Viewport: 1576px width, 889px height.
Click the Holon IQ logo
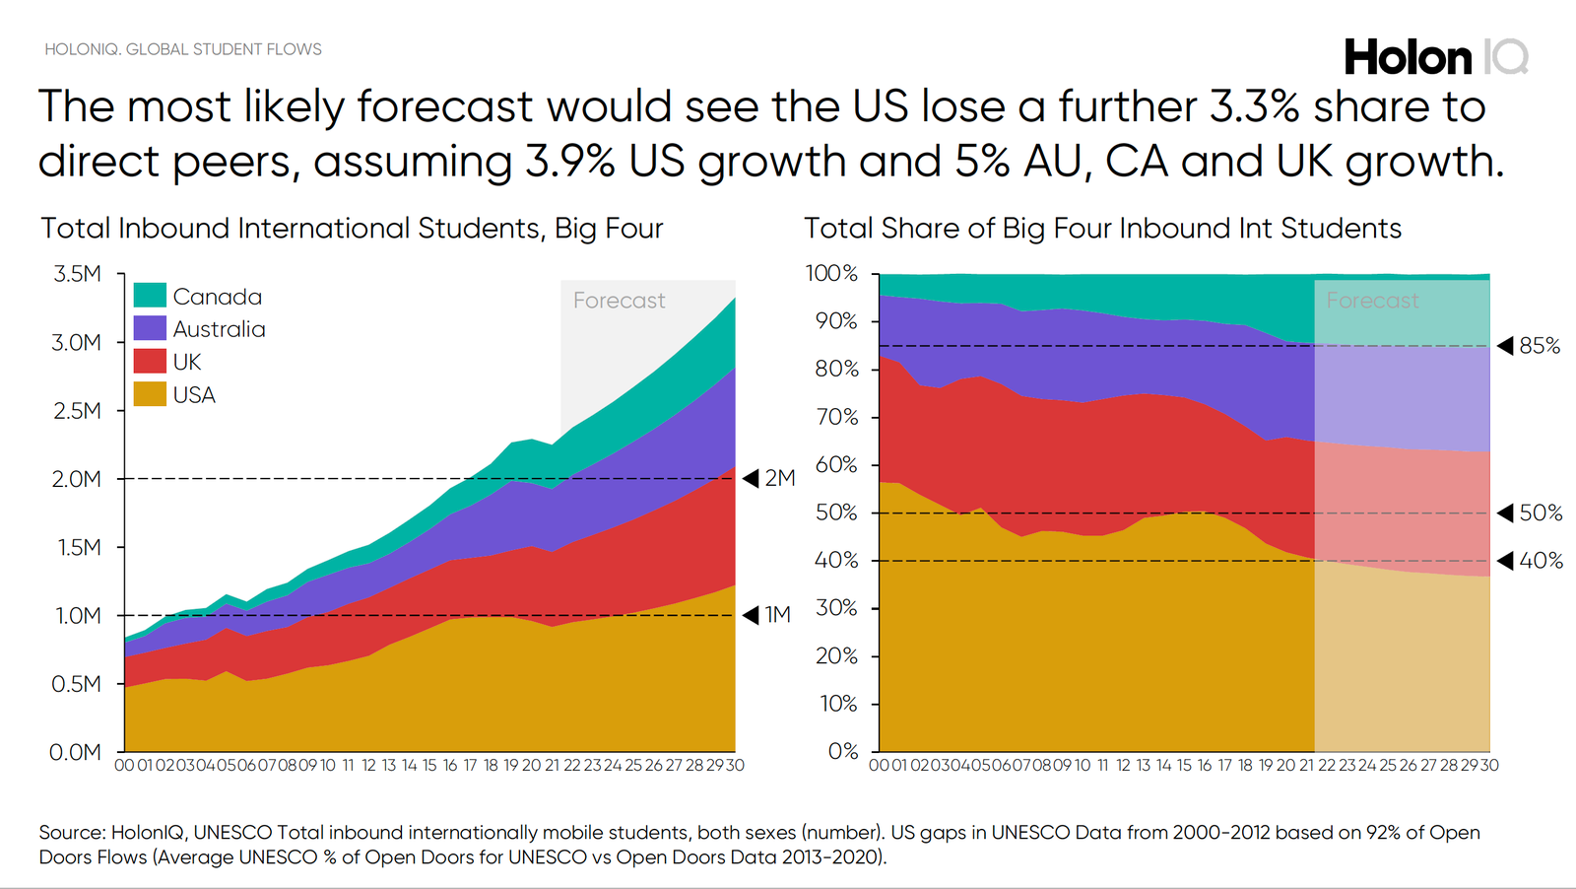(1435, 57)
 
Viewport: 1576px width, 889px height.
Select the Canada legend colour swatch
(150, 296)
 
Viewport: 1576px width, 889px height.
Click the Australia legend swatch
(150, 328)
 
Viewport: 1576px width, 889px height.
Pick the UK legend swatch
(150, 361)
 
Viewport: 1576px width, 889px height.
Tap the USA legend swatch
(150, 394)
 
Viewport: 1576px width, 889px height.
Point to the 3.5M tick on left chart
(77, 274)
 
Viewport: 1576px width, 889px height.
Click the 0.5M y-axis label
(77, 684)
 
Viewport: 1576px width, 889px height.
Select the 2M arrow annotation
(769, 479)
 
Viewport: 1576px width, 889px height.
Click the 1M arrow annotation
(767, 615)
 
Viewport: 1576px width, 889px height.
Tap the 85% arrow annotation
(1530, 346)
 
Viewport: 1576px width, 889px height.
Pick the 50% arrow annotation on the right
(1530, 513)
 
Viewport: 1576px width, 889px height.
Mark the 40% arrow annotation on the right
(1530, 561)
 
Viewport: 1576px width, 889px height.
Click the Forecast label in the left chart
(619, 301)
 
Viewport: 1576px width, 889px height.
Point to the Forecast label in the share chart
(1372, 301)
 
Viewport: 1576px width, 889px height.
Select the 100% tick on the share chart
(832, 274)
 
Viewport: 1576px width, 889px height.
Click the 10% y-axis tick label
(837, 704)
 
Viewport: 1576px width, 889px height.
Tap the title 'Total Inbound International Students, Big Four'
(352, 229)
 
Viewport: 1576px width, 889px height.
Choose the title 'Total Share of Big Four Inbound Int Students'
(1102, 229)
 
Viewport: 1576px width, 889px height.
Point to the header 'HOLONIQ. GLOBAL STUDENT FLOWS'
(183, 49)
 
